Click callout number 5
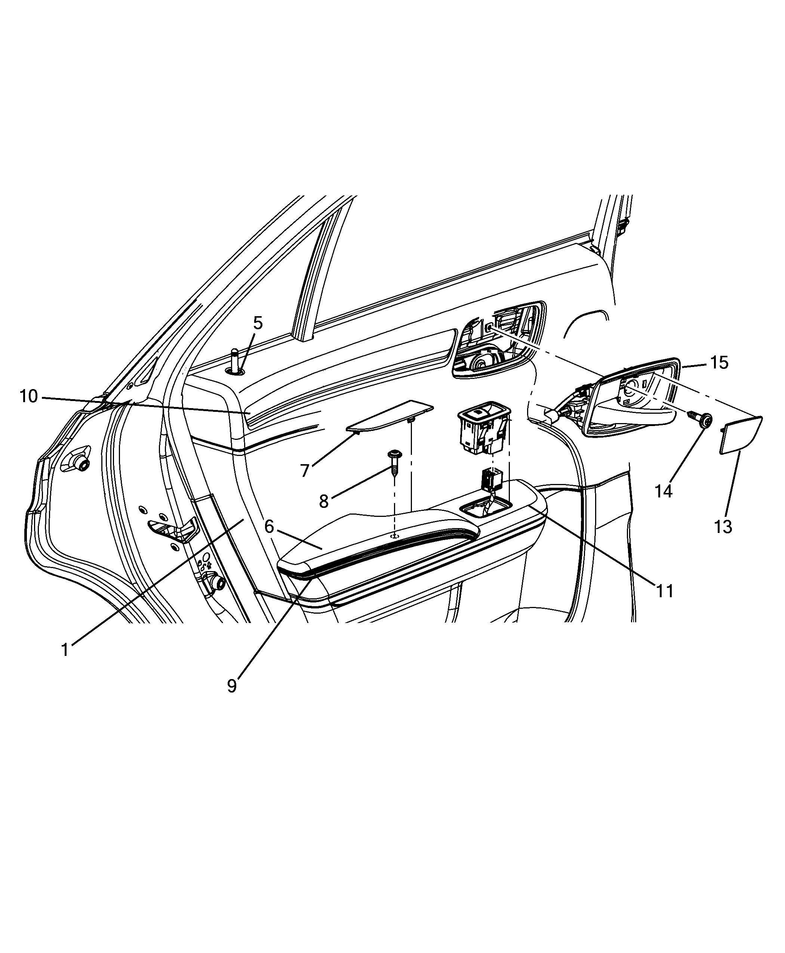click(x=258, y=323)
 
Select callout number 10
click(x=28, y=397)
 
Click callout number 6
click(x=270, y=527)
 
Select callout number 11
click(x=665, y=591)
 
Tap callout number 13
click(x=723, y=526)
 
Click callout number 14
click(x=664, y=490)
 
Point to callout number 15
click(x=719, y=362)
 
